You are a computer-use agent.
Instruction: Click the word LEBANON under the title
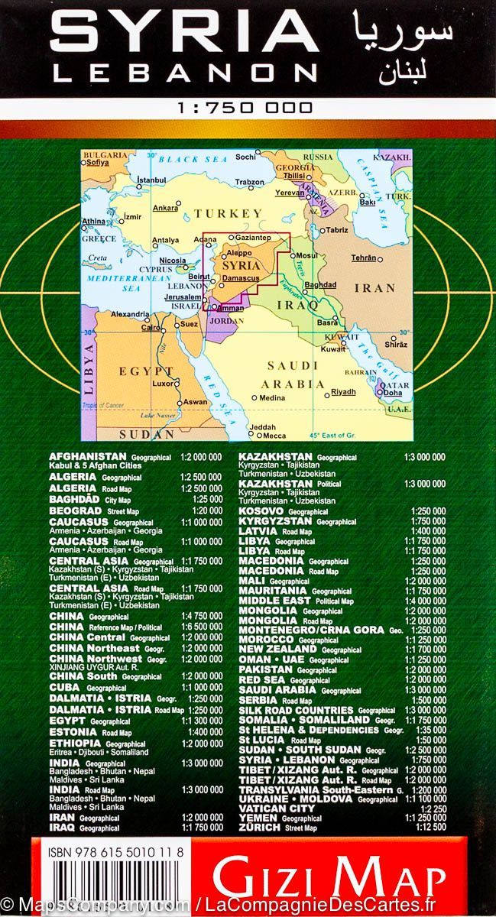184,73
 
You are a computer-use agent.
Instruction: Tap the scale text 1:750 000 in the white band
245,109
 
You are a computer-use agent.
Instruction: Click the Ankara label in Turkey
165,208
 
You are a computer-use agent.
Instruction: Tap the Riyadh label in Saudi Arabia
343,392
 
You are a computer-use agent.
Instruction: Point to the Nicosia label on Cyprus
173,261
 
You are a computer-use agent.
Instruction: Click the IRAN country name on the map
374,288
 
